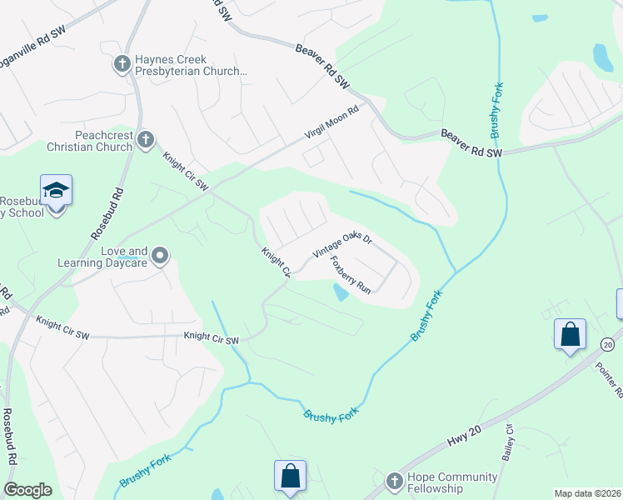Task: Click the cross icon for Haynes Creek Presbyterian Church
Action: click(122, 63)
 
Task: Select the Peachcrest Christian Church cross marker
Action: click(146, 139)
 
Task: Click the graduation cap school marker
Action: click(56, 191)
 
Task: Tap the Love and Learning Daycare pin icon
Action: click(160, 256)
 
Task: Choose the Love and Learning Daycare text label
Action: click(124, 257)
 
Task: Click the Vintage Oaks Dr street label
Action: click(341, 244)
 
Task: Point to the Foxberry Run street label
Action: click(350, 274)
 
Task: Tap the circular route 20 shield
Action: click(607, 344)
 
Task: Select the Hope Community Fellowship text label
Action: click(453, 482)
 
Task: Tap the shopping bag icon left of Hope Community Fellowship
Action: click(290, 477)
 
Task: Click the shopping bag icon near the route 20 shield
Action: click(570, 335)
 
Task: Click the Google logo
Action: click(27, 490)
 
